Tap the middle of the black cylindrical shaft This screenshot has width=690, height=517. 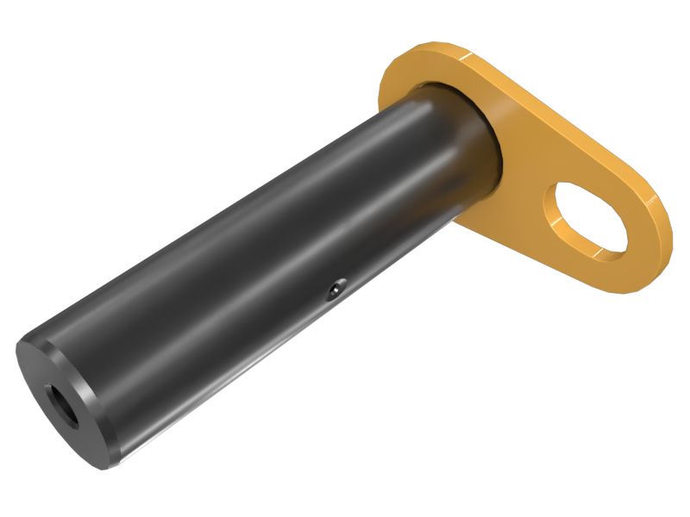259,276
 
